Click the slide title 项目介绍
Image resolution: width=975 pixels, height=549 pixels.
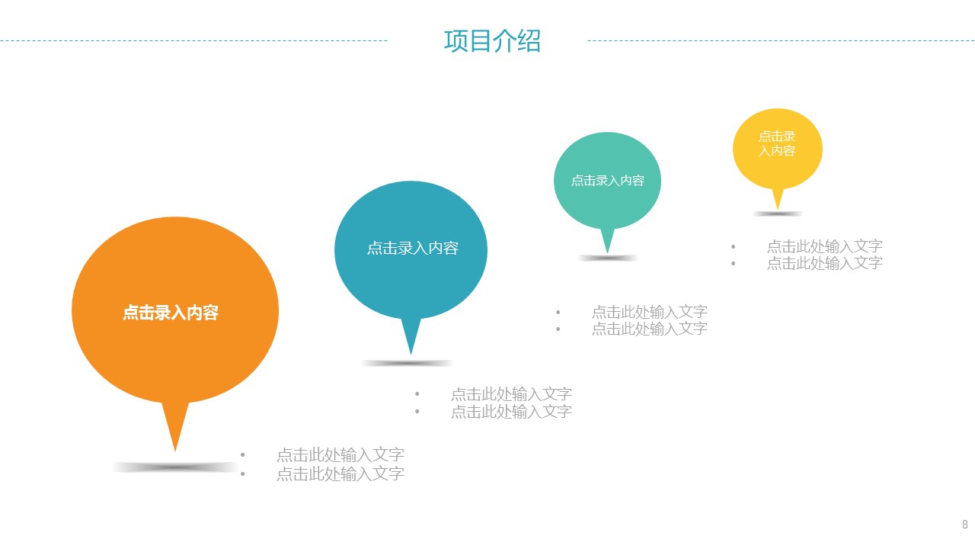pyautogui.click(x=492, y=41)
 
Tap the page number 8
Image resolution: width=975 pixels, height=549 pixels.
pyautogui.click(x=965, y=524)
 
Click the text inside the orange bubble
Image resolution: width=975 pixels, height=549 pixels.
pyautogui.click(x=171, y=313)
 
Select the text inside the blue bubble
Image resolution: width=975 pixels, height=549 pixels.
pyautogui.click(x=413, y=249)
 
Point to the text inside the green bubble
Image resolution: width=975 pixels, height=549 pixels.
pyautogui.click(x=608, y=181)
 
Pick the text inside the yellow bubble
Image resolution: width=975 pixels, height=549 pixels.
pyautogui.click(x=777, y=143)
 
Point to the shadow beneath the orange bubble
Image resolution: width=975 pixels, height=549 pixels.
pyautogui.click(x=175, y=467)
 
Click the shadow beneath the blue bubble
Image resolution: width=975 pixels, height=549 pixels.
pyautogui.click(x=407, y=363)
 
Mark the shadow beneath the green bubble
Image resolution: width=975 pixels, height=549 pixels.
pyautogui.click(x=608, y=258)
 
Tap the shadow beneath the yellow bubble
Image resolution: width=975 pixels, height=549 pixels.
pyautogui.click(x=778, y=213)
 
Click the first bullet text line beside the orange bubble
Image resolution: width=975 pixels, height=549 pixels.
pyautogui.click(x=340, y=455)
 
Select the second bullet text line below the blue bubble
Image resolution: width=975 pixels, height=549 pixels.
pyautogui.click(x=511, y=411)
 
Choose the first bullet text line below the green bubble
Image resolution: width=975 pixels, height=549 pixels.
pyautogui.click(x=650, y=312)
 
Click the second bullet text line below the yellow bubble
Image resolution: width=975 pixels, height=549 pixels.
pyautogui.click(x=825, y=263)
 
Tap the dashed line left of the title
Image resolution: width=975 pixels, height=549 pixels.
pyautogui.click(x=193, y=41)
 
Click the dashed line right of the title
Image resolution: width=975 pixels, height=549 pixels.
pyautogui.click(x=782, y=41)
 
